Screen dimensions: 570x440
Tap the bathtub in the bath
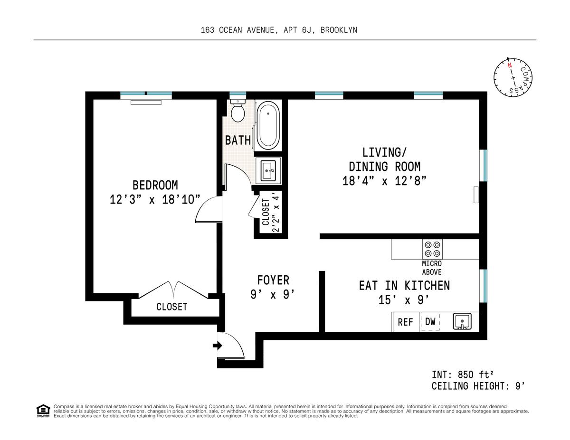point(268,125)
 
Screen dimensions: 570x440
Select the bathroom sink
point(268,170)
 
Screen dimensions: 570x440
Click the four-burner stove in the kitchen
point(432,249)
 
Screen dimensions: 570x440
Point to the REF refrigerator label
point(405,322)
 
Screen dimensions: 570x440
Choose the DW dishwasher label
point(430,321)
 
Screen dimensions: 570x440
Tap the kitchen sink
point(462,321)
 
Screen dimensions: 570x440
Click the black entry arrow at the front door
point(218,346)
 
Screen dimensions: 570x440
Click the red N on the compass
point(510,66)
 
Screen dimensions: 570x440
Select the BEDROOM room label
point(155,185)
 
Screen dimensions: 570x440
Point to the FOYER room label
point(273,280)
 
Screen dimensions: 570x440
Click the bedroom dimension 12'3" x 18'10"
point(155,199)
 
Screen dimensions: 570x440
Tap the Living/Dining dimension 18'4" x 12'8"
point(385,181)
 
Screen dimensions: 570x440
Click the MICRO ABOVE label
point(432,268)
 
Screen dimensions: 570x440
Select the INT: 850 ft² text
point(463,375)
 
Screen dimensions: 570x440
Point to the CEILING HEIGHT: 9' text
point(478,386)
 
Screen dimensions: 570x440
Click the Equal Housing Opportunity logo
point(43,411)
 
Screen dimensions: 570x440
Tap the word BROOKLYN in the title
point(339,30)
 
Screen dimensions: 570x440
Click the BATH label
point(238,140)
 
